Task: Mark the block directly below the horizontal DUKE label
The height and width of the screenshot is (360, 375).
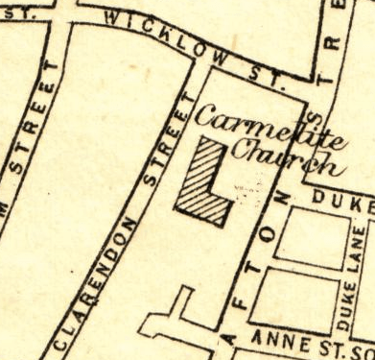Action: (x=312, y=234)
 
